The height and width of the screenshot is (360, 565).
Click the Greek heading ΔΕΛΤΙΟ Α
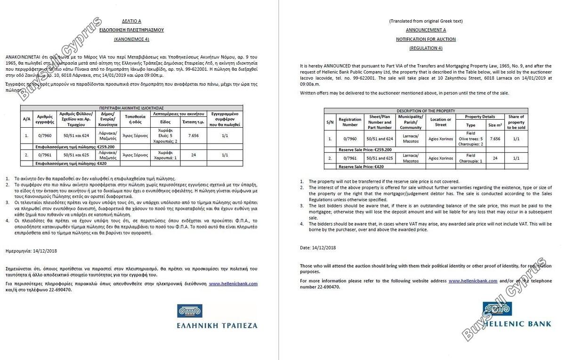[131, 21]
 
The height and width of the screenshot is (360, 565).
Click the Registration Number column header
[350, 122]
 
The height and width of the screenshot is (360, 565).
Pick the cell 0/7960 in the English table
[350, 139]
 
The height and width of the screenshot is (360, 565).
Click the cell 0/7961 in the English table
[350, 158]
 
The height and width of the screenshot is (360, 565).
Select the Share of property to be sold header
[516, 122]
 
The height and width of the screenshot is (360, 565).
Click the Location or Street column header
[441, 122]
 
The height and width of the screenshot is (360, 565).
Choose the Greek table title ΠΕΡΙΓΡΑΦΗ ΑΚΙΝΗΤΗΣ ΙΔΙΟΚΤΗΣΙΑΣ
[131, 108]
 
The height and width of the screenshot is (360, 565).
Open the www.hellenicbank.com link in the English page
[473, 281]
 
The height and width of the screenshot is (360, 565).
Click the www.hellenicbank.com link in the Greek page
[233, 284]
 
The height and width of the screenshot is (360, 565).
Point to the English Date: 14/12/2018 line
[318, 247]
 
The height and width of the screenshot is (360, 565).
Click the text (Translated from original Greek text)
[426, 21]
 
